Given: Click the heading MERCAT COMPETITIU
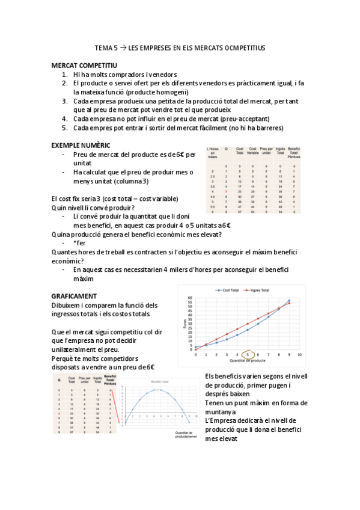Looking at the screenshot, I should [x=84, y=65].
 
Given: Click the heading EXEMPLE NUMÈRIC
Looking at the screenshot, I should [x=81, y=145].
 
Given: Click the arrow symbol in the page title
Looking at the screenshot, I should [x=123, y=47].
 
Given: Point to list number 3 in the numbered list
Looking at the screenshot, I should [x=65, y=101].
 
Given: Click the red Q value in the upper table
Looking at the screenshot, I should [x=226, y=191].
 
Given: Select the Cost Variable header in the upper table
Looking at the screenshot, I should [x=252, y=150].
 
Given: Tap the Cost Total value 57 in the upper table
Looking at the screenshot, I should [x=239, y=212].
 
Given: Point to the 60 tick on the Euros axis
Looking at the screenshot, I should [x=191, y=298].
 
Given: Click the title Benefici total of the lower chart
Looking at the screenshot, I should [x=159, y=382].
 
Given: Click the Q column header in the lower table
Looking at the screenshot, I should [x=59, y=379].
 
